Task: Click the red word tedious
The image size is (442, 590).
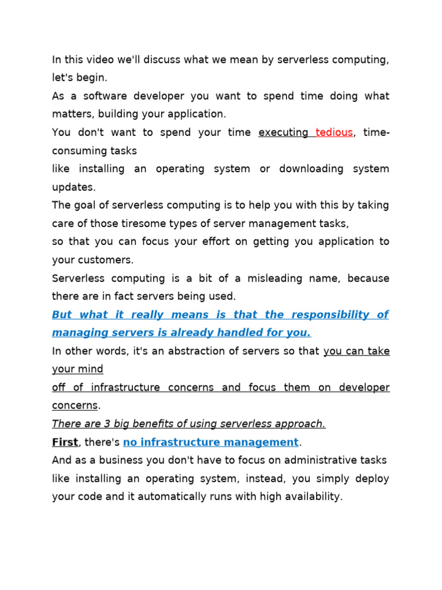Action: click(x=334, y=133)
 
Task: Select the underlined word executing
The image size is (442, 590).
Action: click(x=283, y=133)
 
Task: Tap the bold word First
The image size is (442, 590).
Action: click(x=64, y=442)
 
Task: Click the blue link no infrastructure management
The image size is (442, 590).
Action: click(x=211, y=442)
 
